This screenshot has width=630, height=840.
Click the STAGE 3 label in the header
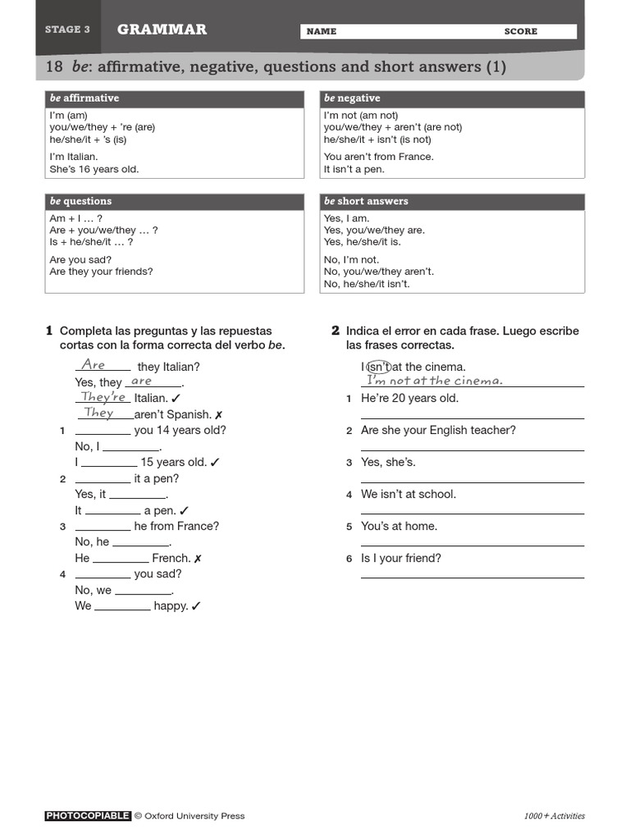coord(67,30)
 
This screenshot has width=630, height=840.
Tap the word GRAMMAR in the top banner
coord(162,30)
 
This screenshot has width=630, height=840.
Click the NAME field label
coord(322,31)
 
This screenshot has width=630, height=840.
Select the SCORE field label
coord(521,31)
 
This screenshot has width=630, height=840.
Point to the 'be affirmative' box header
coord(84,98)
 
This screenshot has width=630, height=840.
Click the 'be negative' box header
coord(352,98)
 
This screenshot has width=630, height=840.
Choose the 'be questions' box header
coord(80,201)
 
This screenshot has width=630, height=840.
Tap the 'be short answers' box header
coord(366,201)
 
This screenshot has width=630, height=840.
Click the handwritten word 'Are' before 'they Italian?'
coord(94,365)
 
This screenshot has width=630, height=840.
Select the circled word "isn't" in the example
coord(377,367)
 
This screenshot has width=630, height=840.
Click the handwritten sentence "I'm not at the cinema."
coord(434,381)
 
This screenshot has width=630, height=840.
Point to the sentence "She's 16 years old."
coord(94,169)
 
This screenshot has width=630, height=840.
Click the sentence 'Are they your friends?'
coord(101,272)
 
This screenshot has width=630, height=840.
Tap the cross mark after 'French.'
coord(198,559)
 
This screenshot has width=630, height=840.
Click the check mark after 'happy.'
coord(196,606)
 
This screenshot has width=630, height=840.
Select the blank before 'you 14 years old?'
coord(103,431)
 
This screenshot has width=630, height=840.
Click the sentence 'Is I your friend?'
coord(401,559)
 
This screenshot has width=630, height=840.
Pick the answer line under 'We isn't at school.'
coord(472,513)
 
